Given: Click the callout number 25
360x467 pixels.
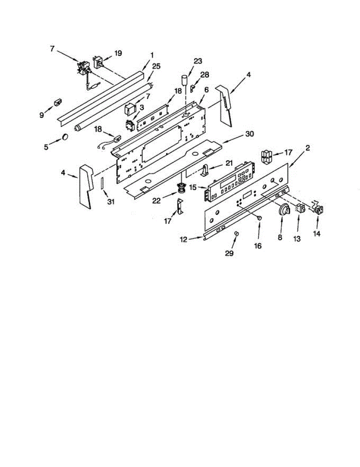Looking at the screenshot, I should pyautogui.click(x=156, y=67).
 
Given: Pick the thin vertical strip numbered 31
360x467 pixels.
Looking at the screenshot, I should pyautogui.click(x=102, y=183).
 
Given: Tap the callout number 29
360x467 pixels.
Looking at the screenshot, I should pyautogui.click(x=229, y=253).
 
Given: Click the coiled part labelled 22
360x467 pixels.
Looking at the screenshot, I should pyautogui.click(x=181, y=189).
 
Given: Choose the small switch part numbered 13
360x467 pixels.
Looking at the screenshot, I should pyautogui.click(x=300, y=208).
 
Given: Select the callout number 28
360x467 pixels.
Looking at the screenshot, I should pyautogui.click(x=204, y=74).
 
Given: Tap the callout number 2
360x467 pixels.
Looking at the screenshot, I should pyautogui.click(x=307, y=147).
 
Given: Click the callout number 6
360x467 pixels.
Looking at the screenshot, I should pyautogui.click(x=206, y=90).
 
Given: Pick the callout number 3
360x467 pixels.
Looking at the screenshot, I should pyautogui.click(x=142, y=107).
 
